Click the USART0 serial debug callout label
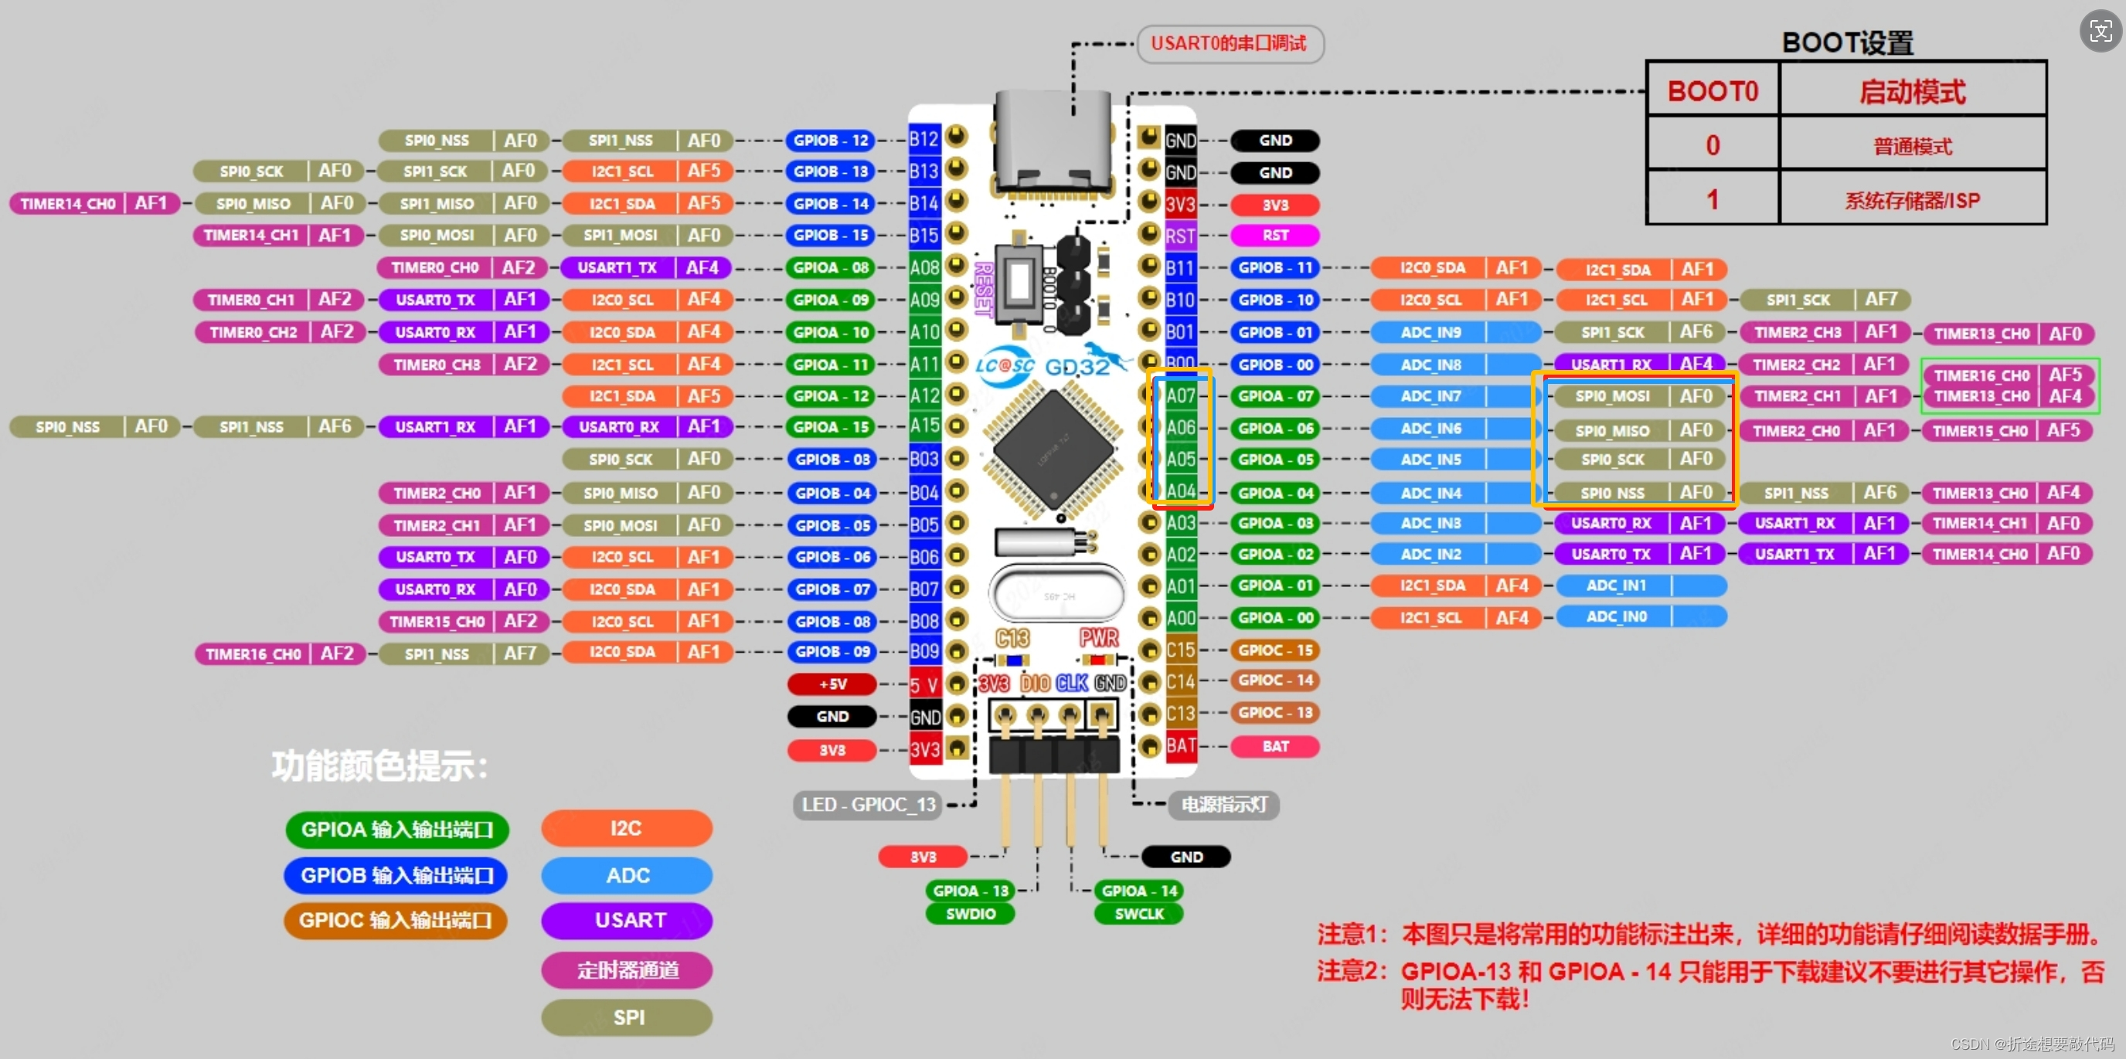pyautogui.click(x=1229, y=44)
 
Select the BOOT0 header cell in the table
pyautogui.click(x=1713, y=90)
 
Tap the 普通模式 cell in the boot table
pyautogui.click(x=1912, y=146)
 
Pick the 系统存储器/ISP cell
pyautogui.click(x=1912, y=199)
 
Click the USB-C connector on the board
pyautogui.click(x=1053, y=141)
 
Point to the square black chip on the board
pyautogui.click(x=1054, y=450)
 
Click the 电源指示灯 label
pyautogui.click(x=1224, y=804)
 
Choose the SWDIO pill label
pyautogui.click(x=971, y=914)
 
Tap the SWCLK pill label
pyautogui.click(x=1139, y=914)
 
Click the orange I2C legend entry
pyautogui.click(x=627, y=828)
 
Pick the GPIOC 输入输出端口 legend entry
pyautogui.click(x=396, y=921)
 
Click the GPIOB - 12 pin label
pyautogui.click(x=831, y=141)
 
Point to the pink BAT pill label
pyautogui.click(x=1275, y=746)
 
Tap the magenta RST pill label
pyautogui.click(x=1275, y=236)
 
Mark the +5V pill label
pyautogui.click(x=832, y=684)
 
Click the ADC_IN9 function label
pyautogui.click(x=1431, y=332)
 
